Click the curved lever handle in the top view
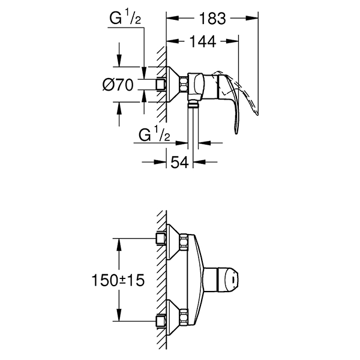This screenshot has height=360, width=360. click(237, 96)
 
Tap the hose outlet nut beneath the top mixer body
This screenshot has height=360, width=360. click(193, 103)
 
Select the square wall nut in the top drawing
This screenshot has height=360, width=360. click(161, 85)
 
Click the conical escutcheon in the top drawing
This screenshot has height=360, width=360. click(175, 85)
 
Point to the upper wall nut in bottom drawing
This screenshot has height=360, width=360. click(161, 239)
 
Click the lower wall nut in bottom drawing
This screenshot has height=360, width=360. click(161, 320)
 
